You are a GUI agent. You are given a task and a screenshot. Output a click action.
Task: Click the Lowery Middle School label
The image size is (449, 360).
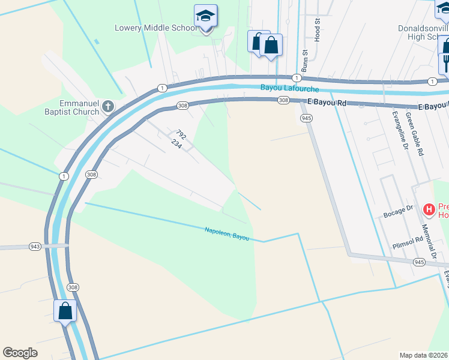(155, 28)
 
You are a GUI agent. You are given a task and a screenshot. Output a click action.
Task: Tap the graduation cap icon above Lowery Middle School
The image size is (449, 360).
(206, 17)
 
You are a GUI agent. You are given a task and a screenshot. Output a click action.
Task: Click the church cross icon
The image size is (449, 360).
(108, 107)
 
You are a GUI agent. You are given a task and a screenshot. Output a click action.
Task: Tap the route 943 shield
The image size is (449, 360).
(35, 247)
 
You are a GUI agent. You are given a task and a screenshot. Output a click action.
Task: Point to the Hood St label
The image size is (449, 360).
(315, 27)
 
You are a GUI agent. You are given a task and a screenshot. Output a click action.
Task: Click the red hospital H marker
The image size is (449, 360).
(429, 209)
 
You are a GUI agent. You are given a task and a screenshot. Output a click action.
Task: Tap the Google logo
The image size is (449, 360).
(20, 353)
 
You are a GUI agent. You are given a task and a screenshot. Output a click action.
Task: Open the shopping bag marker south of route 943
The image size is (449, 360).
(65, 311)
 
